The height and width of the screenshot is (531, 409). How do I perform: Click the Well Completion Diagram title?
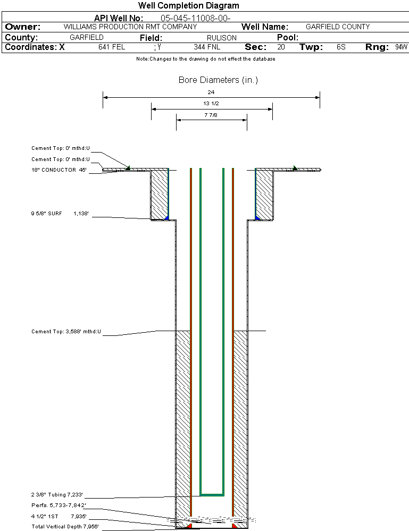[188, 5]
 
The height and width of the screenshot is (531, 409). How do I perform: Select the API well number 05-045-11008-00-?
[196, 18]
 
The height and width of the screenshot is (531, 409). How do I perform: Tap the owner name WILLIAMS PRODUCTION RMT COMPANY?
[130, 27]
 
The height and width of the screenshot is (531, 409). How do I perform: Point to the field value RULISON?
[222, 38]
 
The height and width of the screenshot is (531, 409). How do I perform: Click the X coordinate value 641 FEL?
[112, 47]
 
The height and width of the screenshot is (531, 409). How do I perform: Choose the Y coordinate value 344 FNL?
[207, 47]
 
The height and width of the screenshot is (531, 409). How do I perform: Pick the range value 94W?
[401, 47]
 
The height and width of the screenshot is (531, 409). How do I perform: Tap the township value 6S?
[341, 47]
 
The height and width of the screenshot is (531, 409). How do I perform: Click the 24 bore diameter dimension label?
[211, 92]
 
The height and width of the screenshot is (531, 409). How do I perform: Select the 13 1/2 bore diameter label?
[211, 103]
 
